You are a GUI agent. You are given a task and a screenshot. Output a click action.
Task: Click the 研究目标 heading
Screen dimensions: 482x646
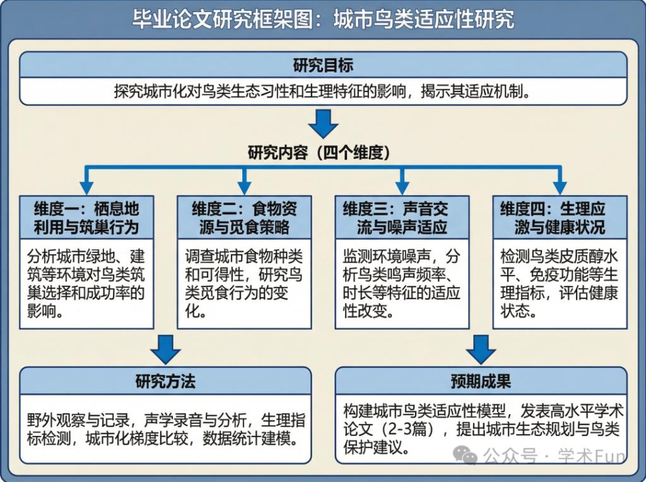click(323, 65)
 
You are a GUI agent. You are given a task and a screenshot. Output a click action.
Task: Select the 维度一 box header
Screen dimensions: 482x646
click(86, 218)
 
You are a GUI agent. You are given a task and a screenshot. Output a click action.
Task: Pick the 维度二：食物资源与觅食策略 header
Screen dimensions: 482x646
click(244, 218)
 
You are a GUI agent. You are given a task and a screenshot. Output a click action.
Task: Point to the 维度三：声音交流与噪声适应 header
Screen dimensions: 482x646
click(402, 218)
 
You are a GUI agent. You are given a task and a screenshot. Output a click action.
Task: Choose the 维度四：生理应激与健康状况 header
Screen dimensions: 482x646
click(560, 218)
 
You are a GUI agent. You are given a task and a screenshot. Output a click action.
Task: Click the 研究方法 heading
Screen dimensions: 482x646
click(165, 381)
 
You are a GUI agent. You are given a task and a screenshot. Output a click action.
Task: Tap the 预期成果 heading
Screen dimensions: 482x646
click(481, 381)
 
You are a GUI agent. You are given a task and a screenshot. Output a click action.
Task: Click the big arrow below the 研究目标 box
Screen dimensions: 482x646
click(323, 124)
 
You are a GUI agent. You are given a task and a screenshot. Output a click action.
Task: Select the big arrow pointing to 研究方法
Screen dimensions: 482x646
click(165, 348)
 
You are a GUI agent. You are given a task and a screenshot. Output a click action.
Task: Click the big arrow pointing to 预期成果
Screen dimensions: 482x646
click(481, 348)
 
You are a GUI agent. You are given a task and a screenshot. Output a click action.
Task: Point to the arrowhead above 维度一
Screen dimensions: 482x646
click(86, 187)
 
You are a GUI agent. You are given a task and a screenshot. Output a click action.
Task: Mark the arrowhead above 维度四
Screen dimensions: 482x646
click(560, 187)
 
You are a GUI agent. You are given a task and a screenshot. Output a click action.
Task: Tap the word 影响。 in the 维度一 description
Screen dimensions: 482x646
click(45, 311)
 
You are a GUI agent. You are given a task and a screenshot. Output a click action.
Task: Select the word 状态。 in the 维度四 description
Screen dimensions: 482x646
click(519, 311)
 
